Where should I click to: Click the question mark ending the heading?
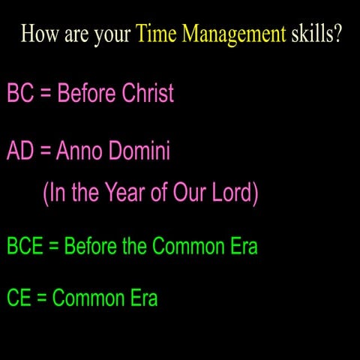click(x=337, y=34)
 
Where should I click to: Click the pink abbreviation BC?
click(x=19, y=93)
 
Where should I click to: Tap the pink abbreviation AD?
click(x=20, y=151)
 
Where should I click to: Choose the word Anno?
click(x=81, y=151)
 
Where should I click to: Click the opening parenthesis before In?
click(x=46, y=193)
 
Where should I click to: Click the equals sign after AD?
click(x=46, y=152)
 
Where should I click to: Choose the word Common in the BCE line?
click(x=189, y=245)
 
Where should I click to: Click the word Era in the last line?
click(x=142, y=298)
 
